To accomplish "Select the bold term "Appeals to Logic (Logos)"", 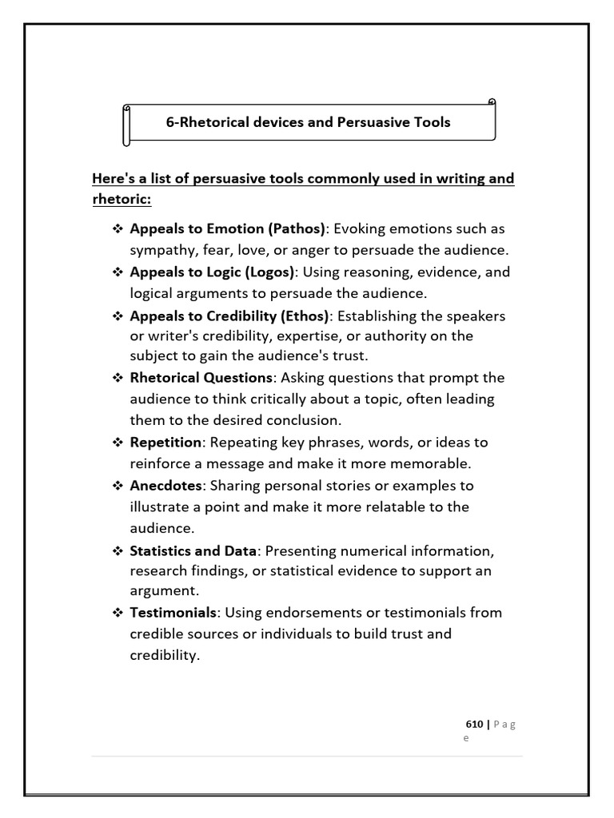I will coord(212,272).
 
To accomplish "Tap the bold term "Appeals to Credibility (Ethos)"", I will coord(229,316).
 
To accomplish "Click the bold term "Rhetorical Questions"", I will coord(201,377).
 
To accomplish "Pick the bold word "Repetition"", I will coord(165,442).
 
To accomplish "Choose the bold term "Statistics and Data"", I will coord(193,550).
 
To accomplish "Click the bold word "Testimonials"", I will coord(173,612).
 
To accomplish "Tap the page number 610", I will coord(474,725).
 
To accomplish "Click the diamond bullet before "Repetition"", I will coord(117,442).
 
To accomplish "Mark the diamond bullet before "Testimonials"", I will coord(117,612).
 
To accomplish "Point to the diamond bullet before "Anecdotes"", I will coord(117,485).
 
